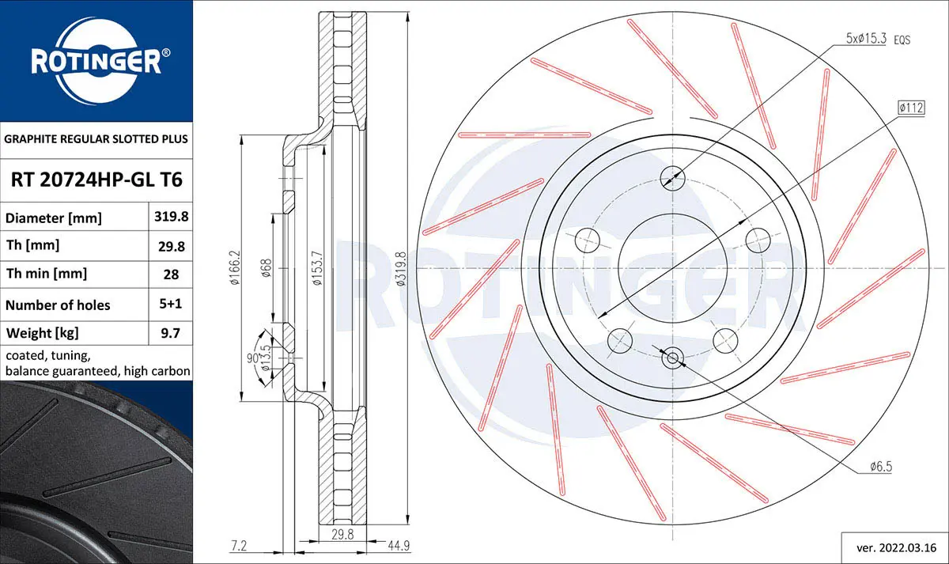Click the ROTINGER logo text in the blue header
[96, 62]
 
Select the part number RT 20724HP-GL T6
[96, 180]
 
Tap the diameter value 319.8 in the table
[171, 217]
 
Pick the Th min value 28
[171, 274]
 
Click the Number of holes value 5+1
[170, 304]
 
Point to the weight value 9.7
[170, 333]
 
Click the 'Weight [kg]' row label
[43, 334]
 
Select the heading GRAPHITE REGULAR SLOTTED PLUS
[96, 139]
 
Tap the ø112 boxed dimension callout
[911, 108]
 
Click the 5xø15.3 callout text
[866, 39]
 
